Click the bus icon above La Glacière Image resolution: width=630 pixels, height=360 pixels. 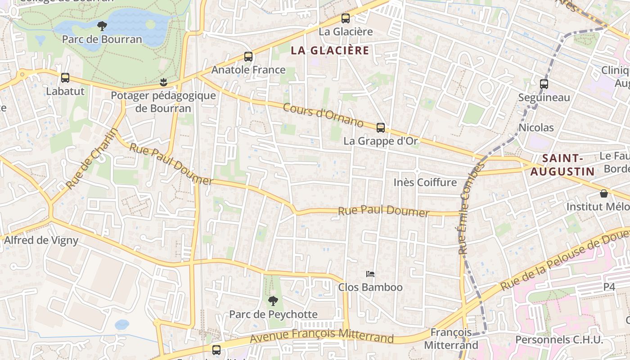345,18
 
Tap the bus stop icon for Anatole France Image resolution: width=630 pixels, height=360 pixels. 248,57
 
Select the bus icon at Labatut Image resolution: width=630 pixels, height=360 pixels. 65,78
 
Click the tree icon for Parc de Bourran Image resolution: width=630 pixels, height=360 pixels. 102,26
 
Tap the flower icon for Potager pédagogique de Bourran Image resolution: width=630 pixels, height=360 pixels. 163,82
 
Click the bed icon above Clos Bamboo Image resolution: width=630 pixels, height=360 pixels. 370,274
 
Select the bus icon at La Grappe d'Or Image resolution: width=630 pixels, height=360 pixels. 381,128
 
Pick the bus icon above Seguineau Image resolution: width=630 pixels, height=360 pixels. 544,84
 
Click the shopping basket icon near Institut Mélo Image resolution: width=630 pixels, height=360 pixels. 604,193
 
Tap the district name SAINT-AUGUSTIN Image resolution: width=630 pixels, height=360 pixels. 562,165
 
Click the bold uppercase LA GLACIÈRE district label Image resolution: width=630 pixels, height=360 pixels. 330,50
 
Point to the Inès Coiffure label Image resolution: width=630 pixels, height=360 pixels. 425,182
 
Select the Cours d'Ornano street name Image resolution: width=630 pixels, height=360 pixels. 323,115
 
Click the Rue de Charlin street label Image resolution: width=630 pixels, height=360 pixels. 92,158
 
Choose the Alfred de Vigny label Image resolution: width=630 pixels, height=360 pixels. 41,240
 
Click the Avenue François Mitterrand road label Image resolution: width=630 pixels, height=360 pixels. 322,336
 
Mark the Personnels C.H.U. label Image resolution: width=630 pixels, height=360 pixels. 559,340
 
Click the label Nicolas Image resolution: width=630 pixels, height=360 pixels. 536,127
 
